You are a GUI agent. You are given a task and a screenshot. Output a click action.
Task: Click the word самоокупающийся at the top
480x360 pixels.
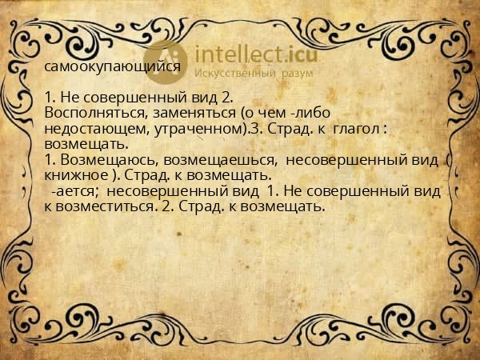point(113,66)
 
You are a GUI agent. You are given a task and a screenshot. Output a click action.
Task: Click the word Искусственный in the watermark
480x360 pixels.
point(235,74)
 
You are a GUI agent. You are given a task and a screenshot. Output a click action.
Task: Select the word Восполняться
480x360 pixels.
point(94,113)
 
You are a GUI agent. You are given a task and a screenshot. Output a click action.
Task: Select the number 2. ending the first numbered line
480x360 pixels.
point(226,98)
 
